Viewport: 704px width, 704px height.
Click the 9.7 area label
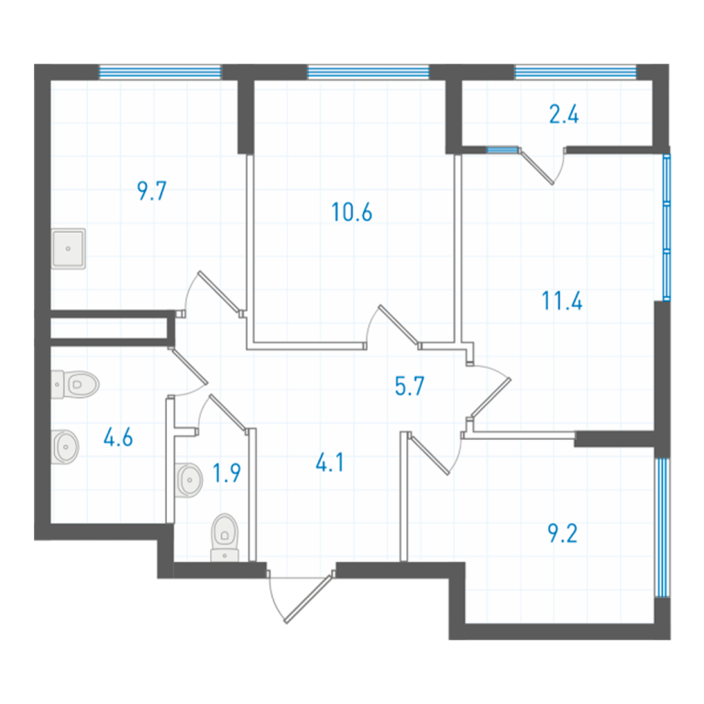(x=152, y=191)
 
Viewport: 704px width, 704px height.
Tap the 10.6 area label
(x=352, y=213)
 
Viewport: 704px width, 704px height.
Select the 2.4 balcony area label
(x=564, y=114)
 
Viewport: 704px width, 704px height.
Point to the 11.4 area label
(x=562, y=301)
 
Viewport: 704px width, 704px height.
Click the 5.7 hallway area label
(x=410, y=386)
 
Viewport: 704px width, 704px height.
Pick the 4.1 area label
(x=330, y=462)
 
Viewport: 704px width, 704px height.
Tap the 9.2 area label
(x=563, y=533)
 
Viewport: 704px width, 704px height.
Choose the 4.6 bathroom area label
(x=118, y=437)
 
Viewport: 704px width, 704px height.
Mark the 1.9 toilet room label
(x=226, y=473)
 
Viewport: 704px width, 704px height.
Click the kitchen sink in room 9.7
(x=68, y=248)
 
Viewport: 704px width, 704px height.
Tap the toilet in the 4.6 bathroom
(x=75, y=384)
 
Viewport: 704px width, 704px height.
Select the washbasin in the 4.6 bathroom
(x=66, y=447)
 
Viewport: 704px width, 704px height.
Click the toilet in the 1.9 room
(x=225, y=537)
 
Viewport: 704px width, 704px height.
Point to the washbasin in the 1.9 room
(x=189, y=480)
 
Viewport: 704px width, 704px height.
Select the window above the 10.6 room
(x=368, y=71)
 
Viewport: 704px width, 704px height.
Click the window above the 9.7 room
(x=160, y=71)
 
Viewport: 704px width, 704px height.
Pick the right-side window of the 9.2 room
(x=662, y=527)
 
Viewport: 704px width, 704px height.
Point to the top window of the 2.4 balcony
(x=576, y=71)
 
